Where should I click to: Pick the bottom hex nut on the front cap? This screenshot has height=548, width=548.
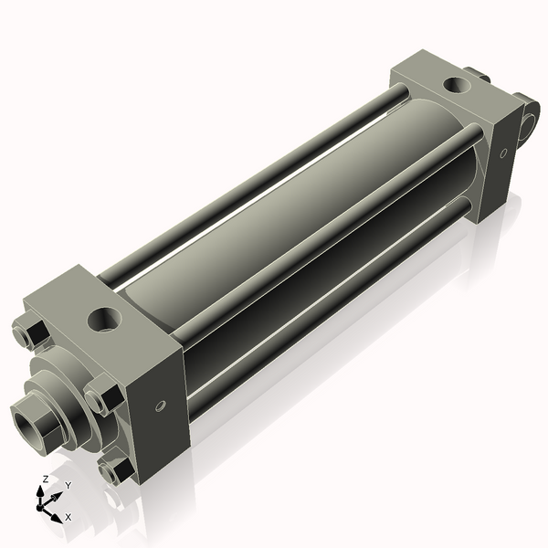113,471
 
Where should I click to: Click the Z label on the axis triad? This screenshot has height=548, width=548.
45,479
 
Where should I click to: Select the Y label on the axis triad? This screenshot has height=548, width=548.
68,484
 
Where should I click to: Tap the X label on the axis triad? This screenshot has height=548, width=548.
68,517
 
